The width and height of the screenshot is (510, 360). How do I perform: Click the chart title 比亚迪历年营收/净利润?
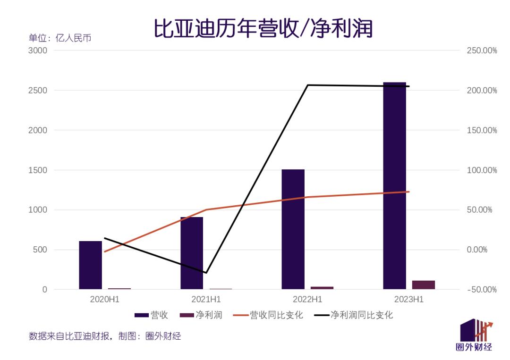(263, 28)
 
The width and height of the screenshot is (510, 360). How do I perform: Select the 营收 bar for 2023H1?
(394, 189)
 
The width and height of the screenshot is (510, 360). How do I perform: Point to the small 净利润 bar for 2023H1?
(423, 285)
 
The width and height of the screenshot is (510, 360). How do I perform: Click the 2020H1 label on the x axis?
(104, 299)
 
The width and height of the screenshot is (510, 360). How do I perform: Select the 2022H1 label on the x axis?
(307, 299)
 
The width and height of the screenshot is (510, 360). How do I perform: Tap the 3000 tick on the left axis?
(38, 50)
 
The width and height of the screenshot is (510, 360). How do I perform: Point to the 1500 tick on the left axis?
(38, 170)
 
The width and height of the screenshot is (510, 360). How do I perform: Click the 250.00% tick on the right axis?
(482, 50)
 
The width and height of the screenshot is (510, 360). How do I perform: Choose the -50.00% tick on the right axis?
(482, 290)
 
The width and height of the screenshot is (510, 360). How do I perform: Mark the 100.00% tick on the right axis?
(482, 170)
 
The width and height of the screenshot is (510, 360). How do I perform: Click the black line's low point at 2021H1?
(206, 273)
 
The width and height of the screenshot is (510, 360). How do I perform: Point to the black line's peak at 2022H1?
(307, 85)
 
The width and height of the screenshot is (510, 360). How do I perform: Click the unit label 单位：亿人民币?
(60, 38)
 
